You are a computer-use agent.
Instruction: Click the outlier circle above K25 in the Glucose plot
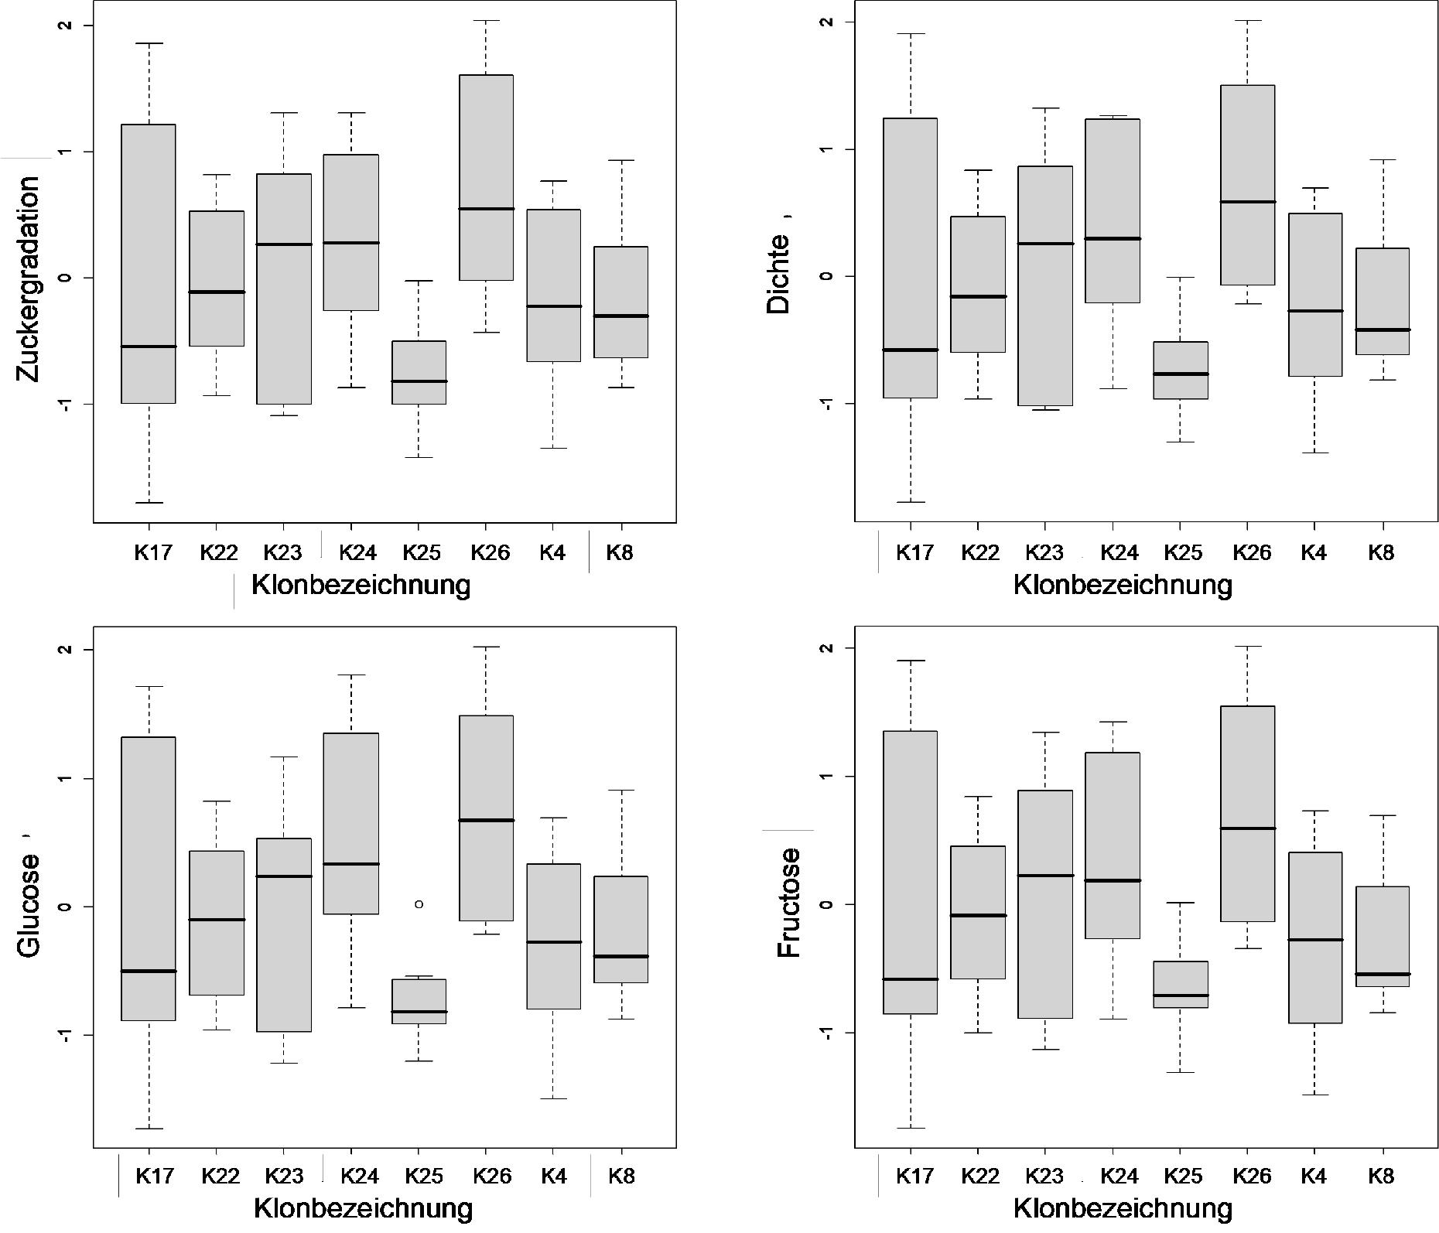[x=419, y=903]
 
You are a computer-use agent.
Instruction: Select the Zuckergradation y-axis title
[x=29, y=278]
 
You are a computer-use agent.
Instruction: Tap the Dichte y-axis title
[x=778, y=274]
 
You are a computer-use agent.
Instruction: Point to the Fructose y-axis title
[x=789, y=903]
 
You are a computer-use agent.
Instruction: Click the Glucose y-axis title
[x=29, y=905]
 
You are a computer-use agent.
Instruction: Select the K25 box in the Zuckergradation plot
[x=419, y=372]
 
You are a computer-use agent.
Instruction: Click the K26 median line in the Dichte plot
[x=1247, y=202]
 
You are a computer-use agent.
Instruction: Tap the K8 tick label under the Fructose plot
[x=1381, y=1177]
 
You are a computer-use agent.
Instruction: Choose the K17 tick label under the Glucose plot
[x=154, y=1177]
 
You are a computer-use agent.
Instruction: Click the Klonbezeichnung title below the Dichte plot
[x=1123, y=585]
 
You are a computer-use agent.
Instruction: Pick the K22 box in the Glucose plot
[x=217, y=923]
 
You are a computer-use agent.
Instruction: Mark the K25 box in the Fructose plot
[x=1181, y=984]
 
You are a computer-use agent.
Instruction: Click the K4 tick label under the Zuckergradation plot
[x=553, y=552]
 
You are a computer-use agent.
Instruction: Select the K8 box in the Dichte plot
[x=1382, y=302]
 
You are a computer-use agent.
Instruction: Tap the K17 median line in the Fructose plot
[x=911, y=979]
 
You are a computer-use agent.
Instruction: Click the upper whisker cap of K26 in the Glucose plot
[x=486, y=647]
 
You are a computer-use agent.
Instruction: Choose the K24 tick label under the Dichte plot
[x=1119, y=552]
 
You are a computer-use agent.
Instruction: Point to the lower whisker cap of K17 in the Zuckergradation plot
[x=149, y=503]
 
